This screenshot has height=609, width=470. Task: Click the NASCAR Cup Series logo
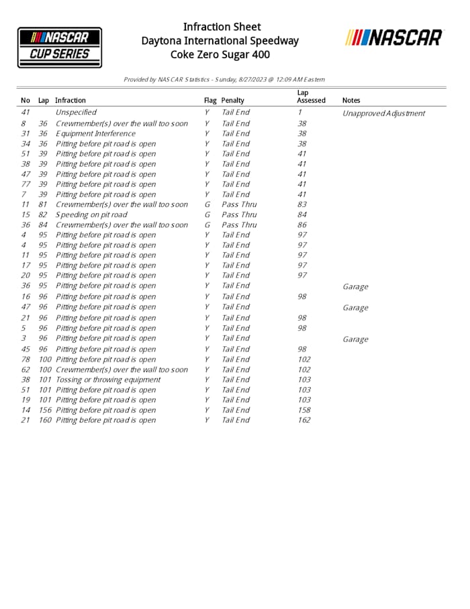pyautogui.click(x=60, y=47)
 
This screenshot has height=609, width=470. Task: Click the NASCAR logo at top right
pyautogui.click(x=394, y=38)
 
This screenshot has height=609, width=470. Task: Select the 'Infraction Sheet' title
pyautogui.click(x=222, y=27)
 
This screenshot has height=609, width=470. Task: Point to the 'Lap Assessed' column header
pyautogui.click(x=311, y=96)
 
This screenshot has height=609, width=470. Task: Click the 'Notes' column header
pyautogui.click(x=351, y=100)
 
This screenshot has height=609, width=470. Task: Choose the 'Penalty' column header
pyautogui.click(x=233, y=100)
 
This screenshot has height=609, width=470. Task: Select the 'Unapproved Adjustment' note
pyautogui.click(x=383, y=113)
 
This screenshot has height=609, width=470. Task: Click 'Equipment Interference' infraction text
pyautogui.click(x=95, y=133)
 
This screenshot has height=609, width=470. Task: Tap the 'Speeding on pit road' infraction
pyautogui.click(x=91, y=214)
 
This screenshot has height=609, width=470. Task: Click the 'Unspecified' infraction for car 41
pyautogui.click(x=76, y=112)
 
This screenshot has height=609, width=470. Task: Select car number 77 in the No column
pyautogui.click(x=26, y=184)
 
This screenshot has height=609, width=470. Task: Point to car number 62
pyautogui.click(x=26, y=369)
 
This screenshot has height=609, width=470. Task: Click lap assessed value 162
pyautogui.click(x=304, y=420)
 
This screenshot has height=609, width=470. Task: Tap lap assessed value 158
pyautogui.click(x=304, y=410)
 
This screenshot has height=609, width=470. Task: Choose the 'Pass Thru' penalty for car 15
pyautogui.click(x=239, y=214)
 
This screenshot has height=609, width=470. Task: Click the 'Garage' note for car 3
pyautogui.click(x=355, y=339)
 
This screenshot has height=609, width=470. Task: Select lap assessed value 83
pyautogui.click(x=302, y=204)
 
